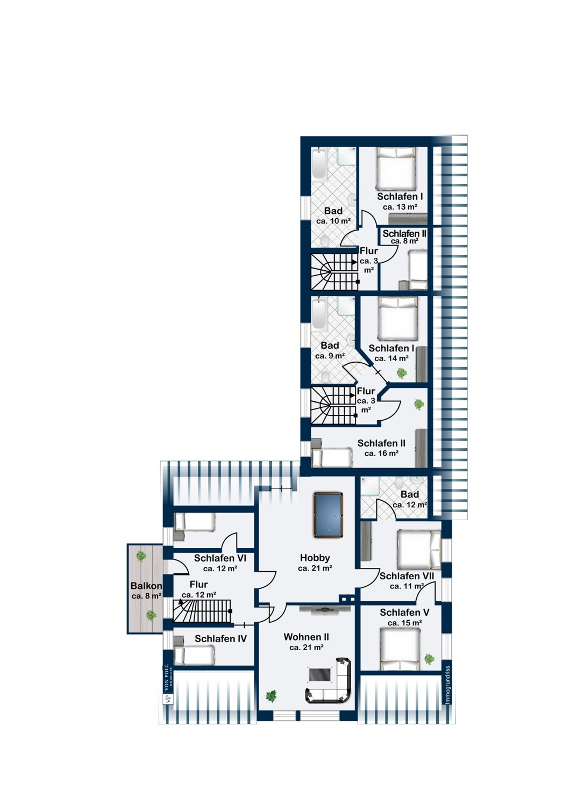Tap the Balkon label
146,586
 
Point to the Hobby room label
315,558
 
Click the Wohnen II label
306,637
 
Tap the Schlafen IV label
220,639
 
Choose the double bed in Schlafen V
400,649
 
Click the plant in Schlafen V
429,659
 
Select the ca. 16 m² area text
381,454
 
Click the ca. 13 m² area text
400,207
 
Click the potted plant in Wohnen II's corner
271,696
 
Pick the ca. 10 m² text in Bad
333,221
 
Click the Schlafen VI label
219,558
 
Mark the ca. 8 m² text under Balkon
146,596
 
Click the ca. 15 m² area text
404,623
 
